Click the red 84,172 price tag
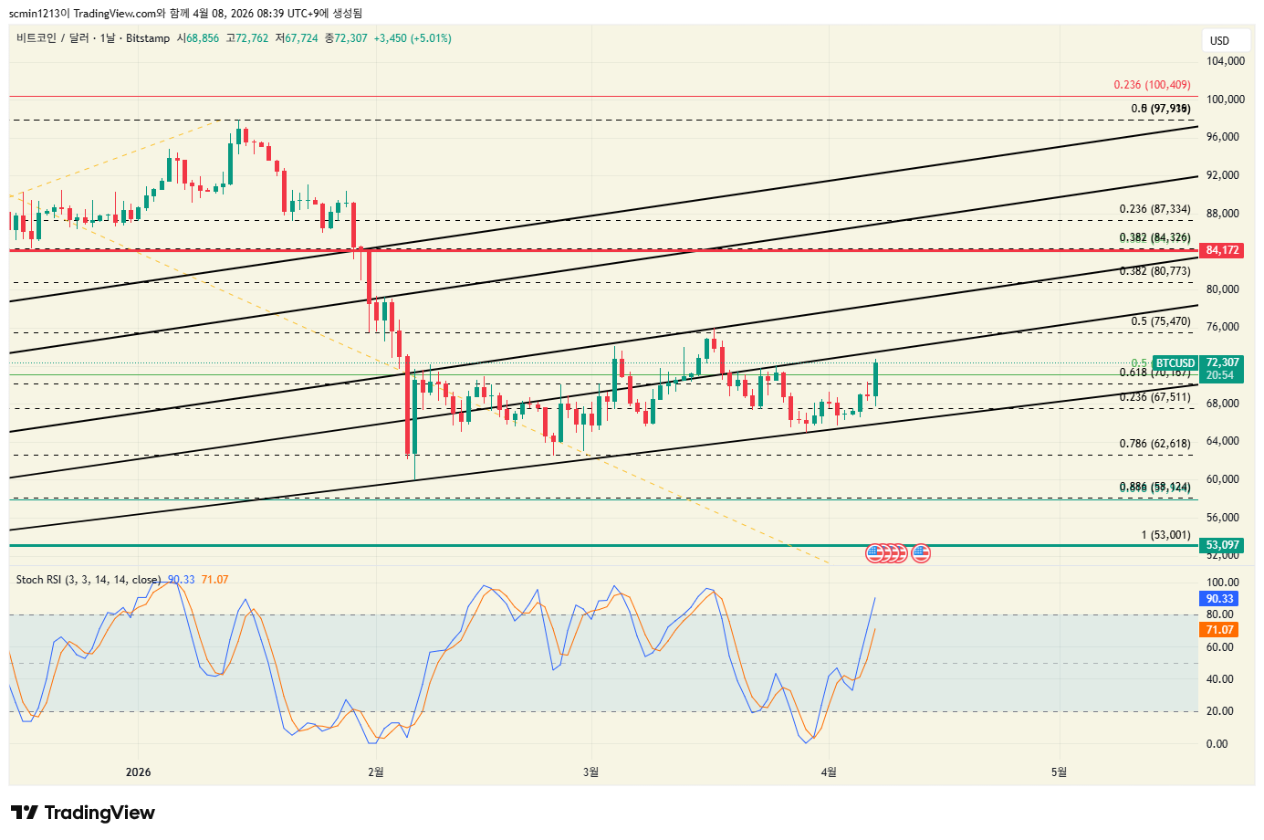click(1223, 250)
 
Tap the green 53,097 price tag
click(1223, 545)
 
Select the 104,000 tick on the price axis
click(1225, 61)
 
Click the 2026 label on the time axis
click(138, 772)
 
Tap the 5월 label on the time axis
click(1059, 772)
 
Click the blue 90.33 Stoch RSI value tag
click(1219, 599)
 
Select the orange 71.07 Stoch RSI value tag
click(1219, 630)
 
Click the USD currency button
click(1219, 41)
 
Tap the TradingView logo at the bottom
click(83, 813)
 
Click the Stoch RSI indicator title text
click(88, 580)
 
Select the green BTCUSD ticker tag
click(1175, 363)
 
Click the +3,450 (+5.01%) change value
click(413, 38)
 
